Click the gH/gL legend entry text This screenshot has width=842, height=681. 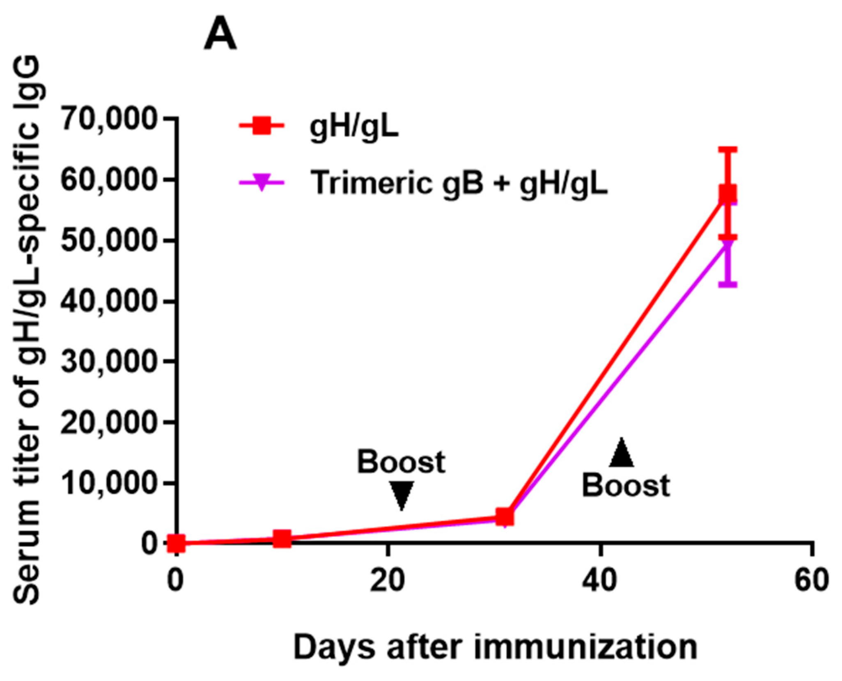tap(354, 127)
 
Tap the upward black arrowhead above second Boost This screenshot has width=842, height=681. tap(621, 453)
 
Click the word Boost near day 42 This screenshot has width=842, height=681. tap(626, 486)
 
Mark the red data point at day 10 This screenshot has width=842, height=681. tap(282, 539)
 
